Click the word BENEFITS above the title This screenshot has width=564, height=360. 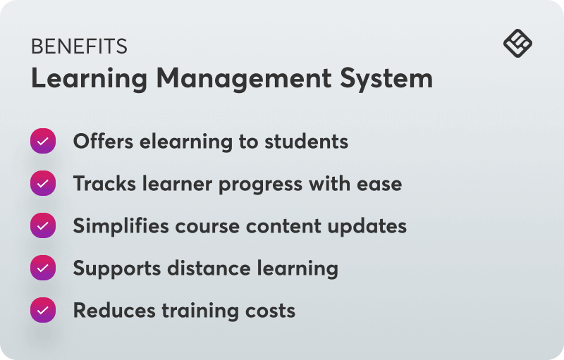[79, 47]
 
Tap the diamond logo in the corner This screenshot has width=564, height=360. [517, 44]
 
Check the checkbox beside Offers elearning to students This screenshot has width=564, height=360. [43, 141]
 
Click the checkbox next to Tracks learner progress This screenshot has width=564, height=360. [43, 183]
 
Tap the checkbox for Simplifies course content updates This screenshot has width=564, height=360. [43, 225]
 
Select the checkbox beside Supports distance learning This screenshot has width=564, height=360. [43, 268]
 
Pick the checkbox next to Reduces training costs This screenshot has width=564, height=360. [43, 310]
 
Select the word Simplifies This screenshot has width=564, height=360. [118, 226]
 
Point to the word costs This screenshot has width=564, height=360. [271, 311]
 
